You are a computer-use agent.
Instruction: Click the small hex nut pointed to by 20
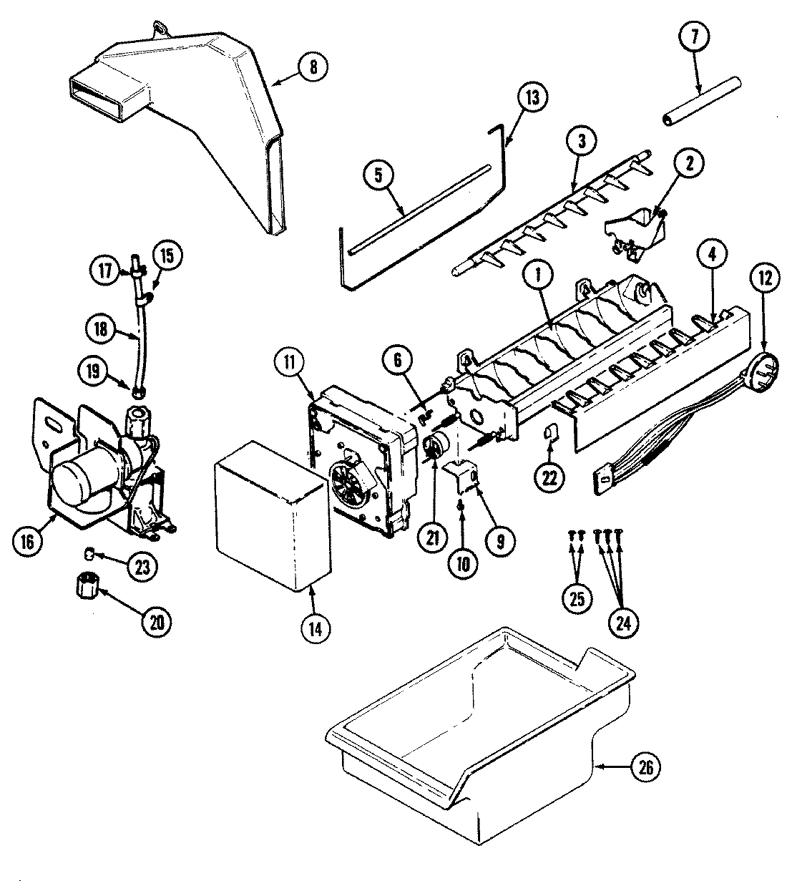(86, 588)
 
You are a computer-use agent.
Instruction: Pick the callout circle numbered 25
(576, 598)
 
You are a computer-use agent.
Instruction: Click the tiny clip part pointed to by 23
(88, 553)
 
